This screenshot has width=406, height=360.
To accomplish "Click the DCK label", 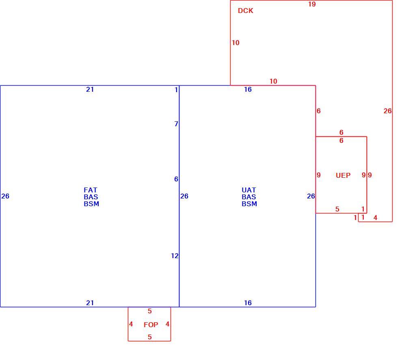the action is pos(246,11).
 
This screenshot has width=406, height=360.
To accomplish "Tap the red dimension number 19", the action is pos(312,4).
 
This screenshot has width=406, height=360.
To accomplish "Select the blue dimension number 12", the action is pos(175,256).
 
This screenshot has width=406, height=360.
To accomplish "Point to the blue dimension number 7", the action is pos(176,124).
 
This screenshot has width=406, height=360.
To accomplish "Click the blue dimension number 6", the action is pos(176,179).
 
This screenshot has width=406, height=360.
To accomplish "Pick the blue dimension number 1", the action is pos(176,90).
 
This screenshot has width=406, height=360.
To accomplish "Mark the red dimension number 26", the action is pos(387,111).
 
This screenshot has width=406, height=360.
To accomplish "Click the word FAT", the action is pos(91,190).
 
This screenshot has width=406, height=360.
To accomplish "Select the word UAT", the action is pos(248,190).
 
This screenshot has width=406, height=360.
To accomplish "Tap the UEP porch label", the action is pos(343,175).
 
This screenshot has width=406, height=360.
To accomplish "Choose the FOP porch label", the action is pos(151,325).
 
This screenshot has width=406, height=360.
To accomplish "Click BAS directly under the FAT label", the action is pos(91,197).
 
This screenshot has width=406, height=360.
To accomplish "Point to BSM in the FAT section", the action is pos(91,204).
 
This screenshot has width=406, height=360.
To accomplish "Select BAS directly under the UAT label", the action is pos(249,197).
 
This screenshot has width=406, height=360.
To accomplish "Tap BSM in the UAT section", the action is pos(249,204).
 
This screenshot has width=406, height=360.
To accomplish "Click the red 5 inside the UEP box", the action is pos(337,209).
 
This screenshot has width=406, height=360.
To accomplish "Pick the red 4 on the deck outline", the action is pos(375,218).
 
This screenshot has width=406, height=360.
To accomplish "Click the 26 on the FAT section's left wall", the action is pos(5,196).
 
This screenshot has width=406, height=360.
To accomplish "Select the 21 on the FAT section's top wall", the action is pos(90,90).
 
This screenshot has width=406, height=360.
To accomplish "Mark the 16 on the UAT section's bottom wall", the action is pos(248,303).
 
